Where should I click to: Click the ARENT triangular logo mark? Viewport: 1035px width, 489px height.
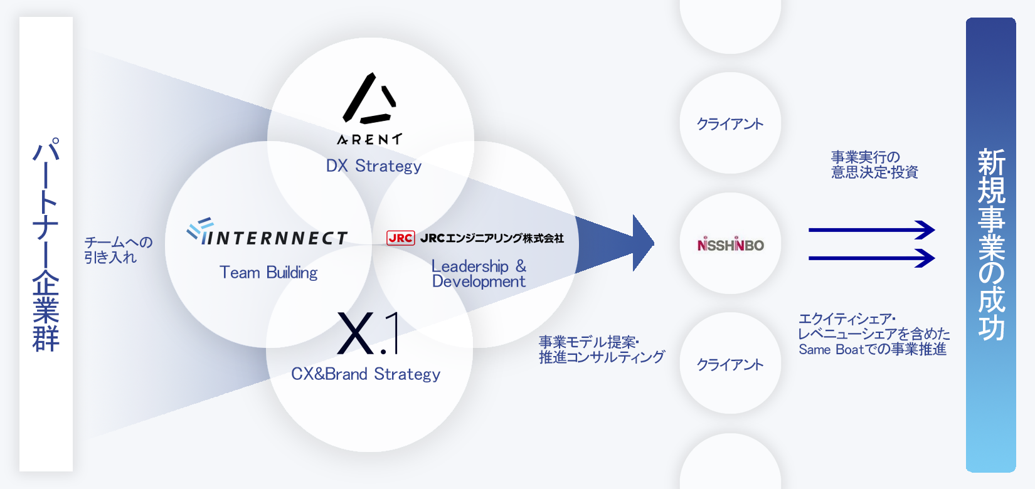click(369, 99)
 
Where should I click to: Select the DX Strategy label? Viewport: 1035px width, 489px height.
click(373, 166)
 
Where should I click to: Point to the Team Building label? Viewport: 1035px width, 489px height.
click(268, 273)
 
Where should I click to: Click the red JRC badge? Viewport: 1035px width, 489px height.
click(400, 238)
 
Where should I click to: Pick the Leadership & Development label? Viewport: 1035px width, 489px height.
click(479, 274)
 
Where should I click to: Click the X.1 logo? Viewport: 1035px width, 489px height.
click(368, 334)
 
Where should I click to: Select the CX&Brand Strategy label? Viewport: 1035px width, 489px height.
click(366, 374)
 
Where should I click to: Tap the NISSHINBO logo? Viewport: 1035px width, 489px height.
click(730, 244)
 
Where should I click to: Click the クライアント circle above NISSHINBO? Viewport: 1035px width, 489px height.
click(730, 124)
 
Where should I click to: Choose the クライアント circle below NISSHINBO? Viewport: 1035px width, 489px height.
click(730, 364)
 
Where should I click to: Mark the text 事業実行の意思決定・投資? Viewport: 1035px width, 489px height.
click(874, 164)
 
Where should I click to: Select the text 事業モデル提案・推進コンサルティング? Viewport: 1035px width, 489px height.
click(601, 350)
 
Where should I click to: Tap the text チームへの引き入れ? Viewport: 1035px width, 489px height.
click(118, 250)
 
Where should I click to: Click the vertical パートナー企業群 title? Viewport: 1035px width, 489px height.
click(46, 244)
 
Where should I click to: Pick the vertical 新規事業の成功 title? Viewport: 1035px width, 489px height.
click(991, 244)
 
